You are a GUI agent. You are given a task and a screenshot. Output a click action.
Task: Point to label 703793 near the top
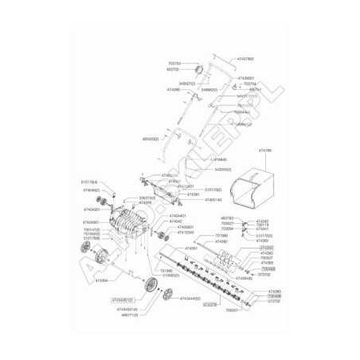click(x=174, y=63)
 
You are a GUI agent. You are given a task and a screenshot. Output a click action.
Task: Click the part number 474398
click(x=174, y=89)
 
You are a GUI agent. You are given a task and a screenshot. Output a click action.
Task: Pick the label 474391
click(x=192, y=194)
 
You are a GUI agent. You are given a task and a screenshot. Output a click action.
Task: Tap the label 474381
click(x=191, y=248)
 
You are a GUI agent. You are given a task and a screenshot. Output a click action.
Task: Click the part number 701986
click(x=222, y=236)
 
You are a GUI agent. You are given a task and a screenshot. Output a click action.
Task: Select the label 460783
click(x=227, y=217)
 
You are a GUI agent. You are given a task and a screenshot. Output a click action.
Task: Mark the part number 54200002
click(x=224, y=170)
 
